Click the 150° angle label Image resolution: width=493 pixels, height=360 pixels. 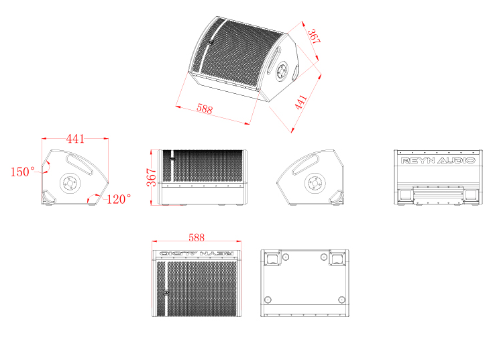pos(22,172)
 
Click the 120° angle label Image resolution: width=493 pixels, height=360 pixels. pos(119,199)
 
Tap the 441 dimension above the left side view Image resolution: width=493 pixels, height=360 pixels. pos(75,139)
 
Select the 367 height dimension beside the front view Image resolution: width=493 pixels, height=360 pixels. pos(151,177)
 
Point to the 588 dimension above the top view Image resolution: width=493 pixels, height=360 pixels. pos(197,237)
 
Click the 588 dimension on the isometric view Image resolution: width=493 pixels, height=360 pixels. pos(205,109)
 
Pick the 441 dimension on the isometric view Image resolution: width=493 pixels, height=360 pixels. pos(300,102)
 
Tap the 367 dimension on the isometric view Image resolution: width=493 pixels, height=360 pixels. pos(314,36)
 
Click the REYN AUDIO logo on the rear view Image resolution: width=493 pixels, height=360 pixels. pos(437,160)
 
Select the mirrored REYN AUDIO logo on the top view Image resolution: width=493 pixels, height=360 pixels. pos(197,253)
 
